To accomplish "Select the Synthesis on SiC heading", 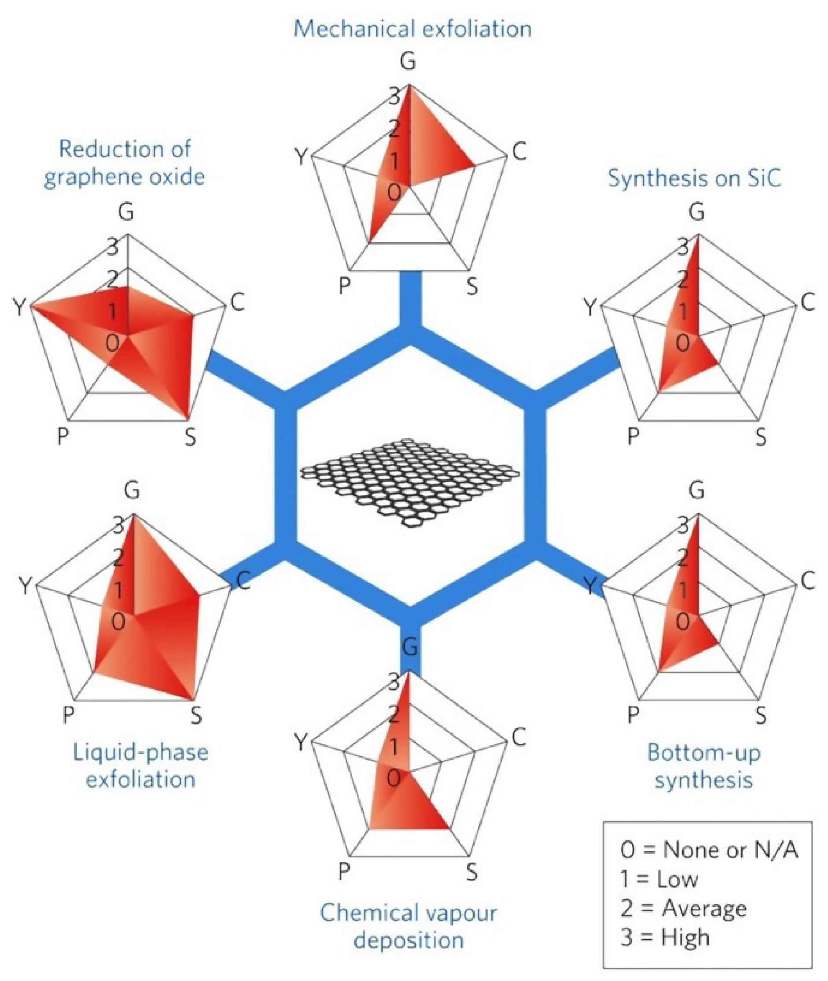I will [x=694, y=178].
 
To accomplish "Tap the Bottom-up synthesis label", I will [x=703, y=765].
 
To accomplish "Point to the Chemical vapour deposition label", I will [x=408, y=926].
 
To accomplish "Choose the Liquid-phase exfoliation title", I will [x=140, y=765].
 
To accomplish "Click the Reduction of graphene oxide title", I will [x=125, y=163].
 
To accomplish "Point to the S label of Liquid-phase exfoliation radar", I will [x=196, y=716].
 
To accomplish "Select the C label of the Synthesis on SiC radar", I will [x=807, y=303].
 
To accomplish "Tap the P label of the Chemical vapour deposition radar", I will [x=344, y=872].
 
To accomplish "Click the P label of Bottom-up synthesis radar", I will [x=633, y=716].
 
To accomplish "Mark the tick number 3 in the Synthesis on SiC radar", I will [x=684, y=246].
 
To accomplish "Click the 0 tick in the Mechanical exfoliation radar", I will [x=394, y=192].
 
